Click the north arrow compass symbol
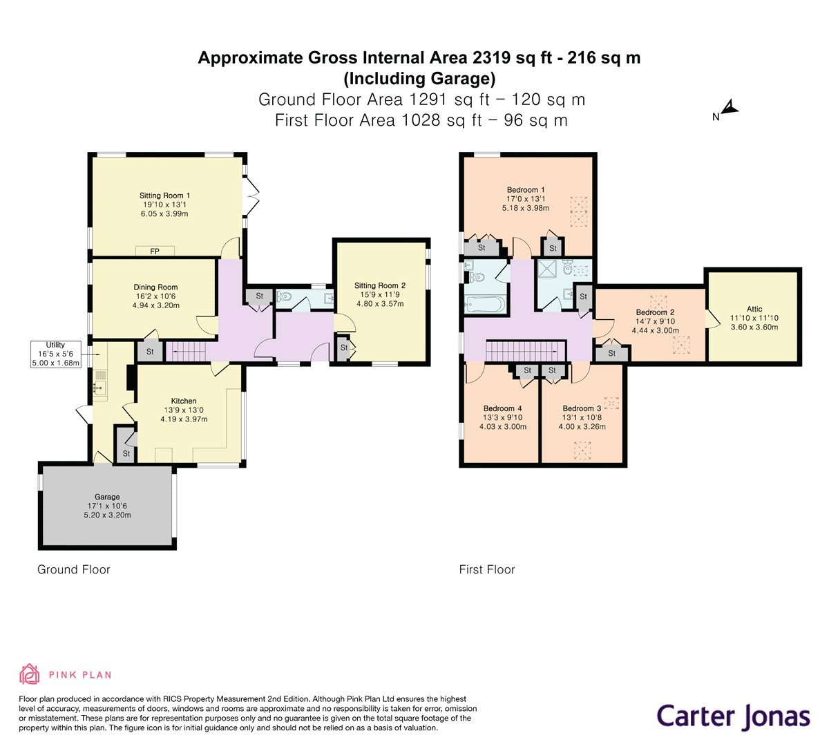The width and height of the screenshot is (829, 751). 727,109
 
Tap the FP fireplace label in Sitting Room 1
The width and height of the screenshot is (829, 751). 155,251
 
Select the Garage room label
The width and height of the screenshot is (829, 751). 107,497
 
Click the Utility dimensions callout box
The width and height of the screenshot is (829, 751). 56,354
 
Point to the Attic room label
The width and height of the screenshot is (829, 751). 754,309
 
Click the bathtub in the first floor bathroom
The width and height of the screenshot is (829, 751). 483,303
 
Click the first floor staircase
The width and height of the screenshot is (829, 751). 525,351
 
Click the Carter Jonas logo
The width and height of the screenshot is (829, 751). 733,716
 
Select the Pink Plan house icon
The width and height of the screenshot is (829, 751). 30,674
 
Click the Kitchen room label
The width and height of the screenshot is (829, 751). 184,401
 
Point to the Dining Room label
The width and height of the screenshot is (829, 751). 155,287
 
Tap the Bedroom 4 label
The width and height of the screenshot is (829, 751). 502,408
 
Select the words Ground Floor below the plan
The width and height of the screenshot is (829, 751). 73,569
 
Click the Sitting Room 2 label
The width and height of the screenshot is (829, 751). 379,285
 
